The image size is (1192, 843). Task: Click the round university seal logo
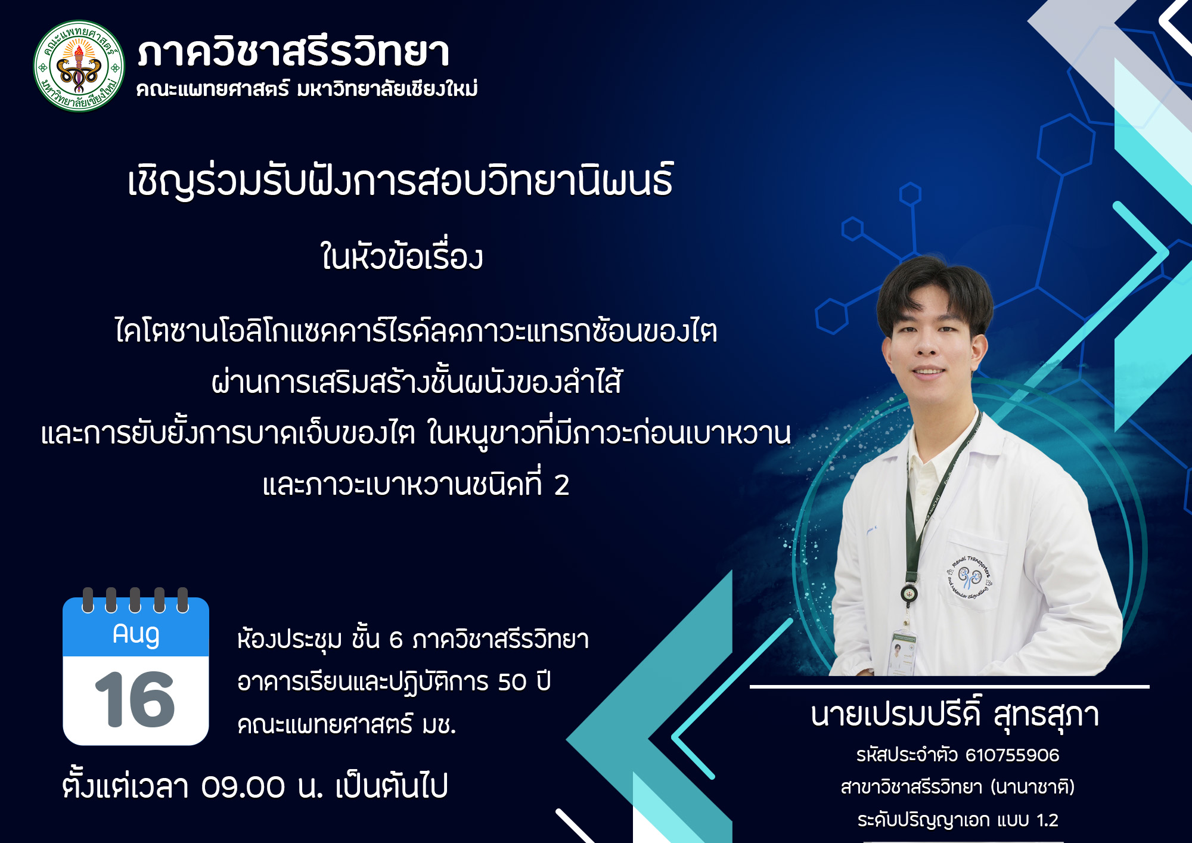point(79,66)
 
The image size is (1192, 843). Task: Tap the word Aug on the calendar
point(136,634)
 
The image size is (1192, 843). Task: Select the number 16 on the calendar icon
point(135,699)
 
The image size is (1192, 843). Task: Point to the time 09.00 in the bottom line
point(243,787)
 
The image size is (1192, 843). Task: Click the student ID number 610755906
point(1012,755)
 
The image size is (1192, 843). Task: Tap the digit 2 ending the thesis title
point(561,485)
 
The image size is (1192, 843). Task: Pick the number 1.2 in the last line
point(1047,820)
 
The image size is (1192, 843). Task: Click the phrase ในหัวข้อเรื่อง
point(402,257)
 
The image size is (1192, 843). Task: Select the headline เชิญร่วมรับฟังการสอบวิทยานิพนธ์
point(401,181)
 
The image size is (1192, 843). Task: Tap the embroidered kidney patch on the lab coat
point(969,578)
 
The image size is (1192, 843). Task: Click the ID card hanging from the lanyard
point(903,652)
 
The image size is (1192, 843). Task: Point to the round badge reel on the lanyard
point(908,593)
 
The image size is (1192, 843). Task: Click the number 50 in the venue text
point(513,682)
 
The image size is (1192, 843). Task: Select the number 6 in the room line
point(396,640)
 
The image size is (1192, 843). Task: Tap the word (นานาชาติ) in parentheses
point(1032,787)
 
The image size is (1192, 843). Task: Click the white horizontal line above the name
point(949,687)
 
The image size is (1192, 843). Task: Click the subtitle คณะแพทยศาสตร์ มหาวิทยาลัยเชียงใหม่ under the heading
point(307,89)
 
